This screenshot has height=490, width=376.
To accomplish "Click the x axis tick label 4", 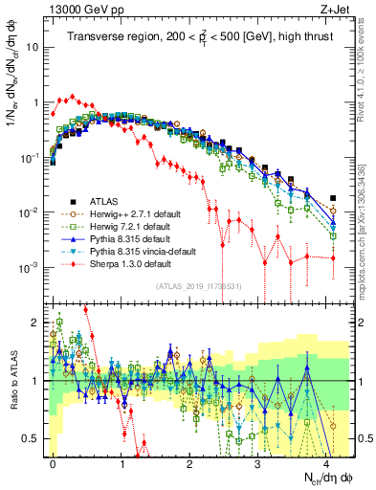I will [326, 461].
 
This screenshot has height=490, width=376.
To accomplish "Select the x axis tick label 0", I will [54, 461].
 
